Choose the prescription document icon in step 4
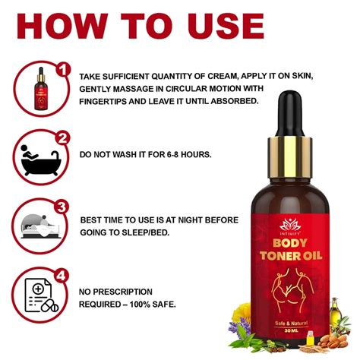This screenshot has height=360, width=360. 37,294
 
